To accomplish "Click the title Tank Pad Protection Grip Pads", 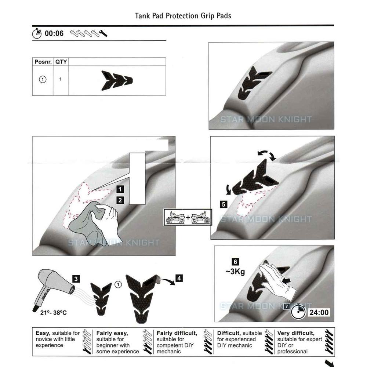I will (183, 16).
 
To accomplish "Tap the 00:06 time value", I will (54, 34).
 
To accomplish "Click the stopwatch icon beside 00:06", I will (37, 33).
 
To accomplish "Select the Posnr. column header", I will (43, 62).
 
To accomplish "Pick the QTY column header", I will (61, 62).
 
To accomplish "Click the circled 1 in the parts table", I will (43, 79).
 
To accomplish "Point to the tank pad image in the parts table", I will (117, 79).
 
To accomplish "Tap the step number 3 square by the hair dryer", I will (76, 279).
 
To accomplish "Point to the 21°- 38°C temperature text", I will (50, 313).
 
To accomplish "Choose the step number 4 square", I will (179, 278).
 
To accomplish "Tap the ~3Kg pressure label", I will (235, 272).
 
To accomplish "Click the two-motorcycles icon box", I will (188, 217).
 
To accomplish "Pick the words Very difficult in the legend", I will (296, 333).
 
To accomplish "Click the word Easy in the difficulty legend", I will (43, 333).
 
